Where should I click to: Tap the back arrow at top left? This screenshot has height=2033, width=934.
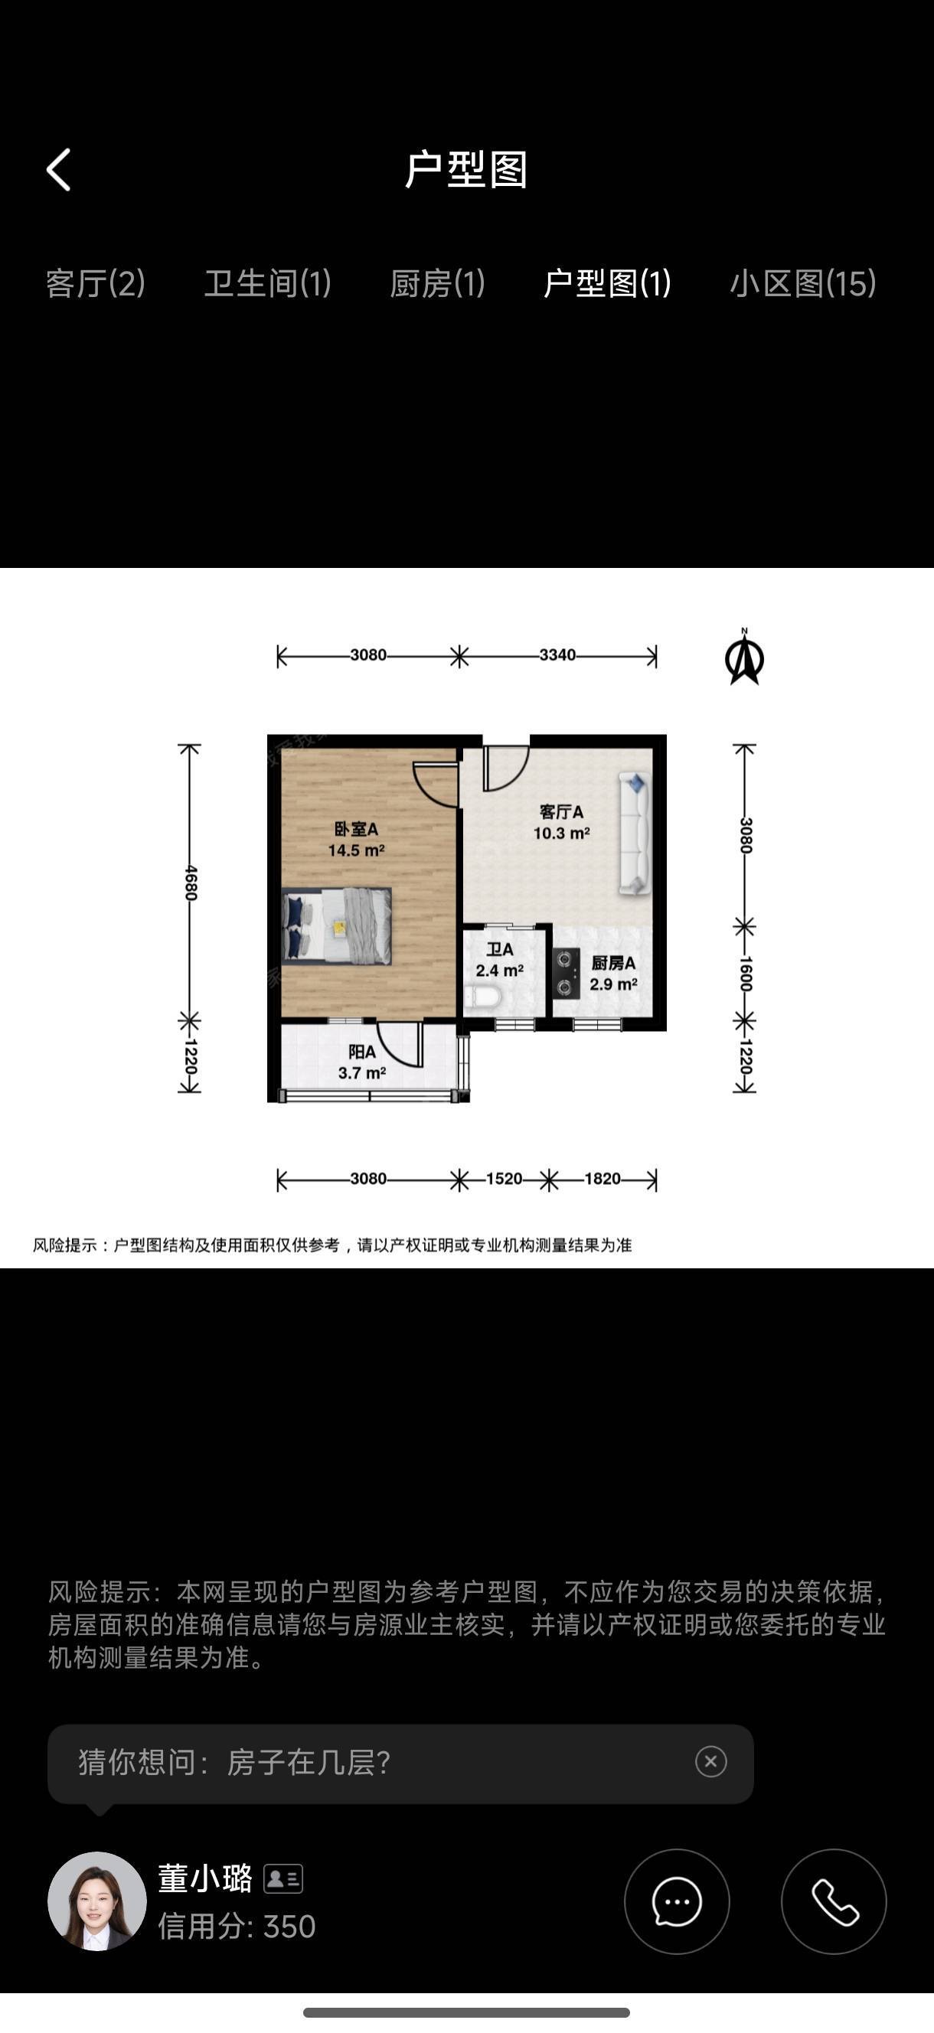point(58,170)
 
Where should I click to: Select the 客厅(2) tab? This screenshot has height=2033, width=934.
point(96,283)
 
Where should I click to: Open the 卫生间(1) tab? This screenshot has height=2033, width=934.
point(268,283)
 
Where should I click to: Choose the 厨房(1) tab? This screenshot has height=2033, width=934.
point(437,283)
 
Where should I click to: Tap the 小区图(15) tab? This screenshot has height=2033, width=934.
point(803,283)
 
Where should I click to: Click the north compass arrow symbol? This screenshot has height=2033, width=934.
point(744,657)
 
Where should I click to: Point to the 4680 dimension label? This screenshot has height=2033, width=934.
point(191,883)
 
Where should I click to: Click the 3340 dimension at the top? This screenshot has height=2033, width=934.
point(557,655)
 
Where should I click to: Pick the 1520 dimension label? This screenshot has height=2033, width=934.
point(504,1179)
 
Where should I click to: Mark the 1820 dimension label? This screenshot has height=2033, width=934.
point(603,1179)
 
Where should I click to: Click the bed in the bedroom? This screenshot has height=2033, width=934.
point(337,925)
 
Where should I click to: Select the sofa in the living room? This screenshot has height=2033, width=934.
point(634,834)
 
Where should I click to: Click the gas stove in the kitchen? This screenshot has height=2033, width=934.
point(565,973)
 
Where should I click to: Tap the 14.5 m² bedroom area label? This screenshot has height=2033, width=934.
point(356,850)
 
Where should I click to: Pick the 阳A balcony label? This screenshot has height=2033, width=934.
point(362,1052)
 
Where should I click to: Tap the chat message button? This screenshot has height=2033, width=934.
point(677,1901)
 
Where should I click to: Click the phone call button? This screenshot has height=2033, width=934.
point(834,1901)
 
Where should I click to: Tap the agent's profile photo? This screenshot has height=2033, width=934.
point(97,1901)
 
